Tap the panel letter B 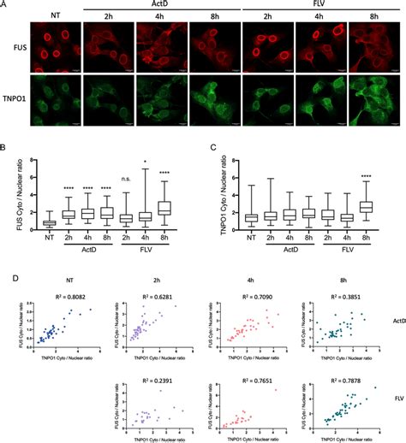click(4, 148)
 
